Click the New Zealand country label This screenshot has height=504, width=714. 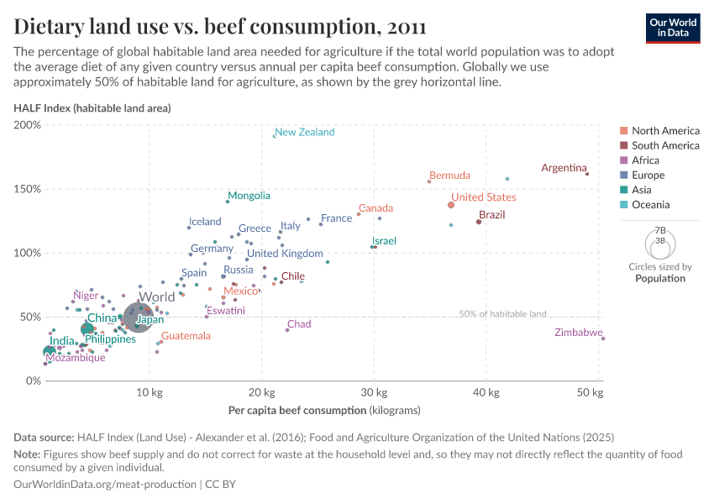click(x=304, y=132)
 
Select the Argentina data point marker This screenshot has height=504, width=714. click(x=587, y=174)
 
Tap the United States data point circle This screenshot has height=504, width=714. click(x=451, y=205)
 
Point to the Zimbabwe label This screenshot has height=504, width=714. click(x=578, y=333)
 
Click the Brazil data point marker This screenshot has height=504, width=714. click(x=479, y=222)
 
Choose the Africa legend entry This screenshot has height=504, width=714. click(x=645, y=160)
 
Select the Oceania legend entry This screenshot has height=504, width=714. click(x=650, y=205)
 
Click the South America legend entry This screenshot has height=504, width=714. click(x=665, y=145)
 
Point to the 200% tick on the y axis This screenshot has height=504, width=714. click(x=28, y=125)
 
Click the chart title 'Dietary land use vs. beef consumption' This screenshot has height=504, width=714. click(x=219, y=26)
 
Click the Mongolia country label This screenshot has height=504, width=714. click(x=250, y=196)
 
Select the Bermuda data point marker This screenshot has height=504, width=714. click(x=429, y=181)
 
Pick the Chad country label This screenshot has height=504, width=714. click(x=299, y=324)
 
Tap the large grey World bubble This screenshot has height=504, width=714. click(x=141, y=318)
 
